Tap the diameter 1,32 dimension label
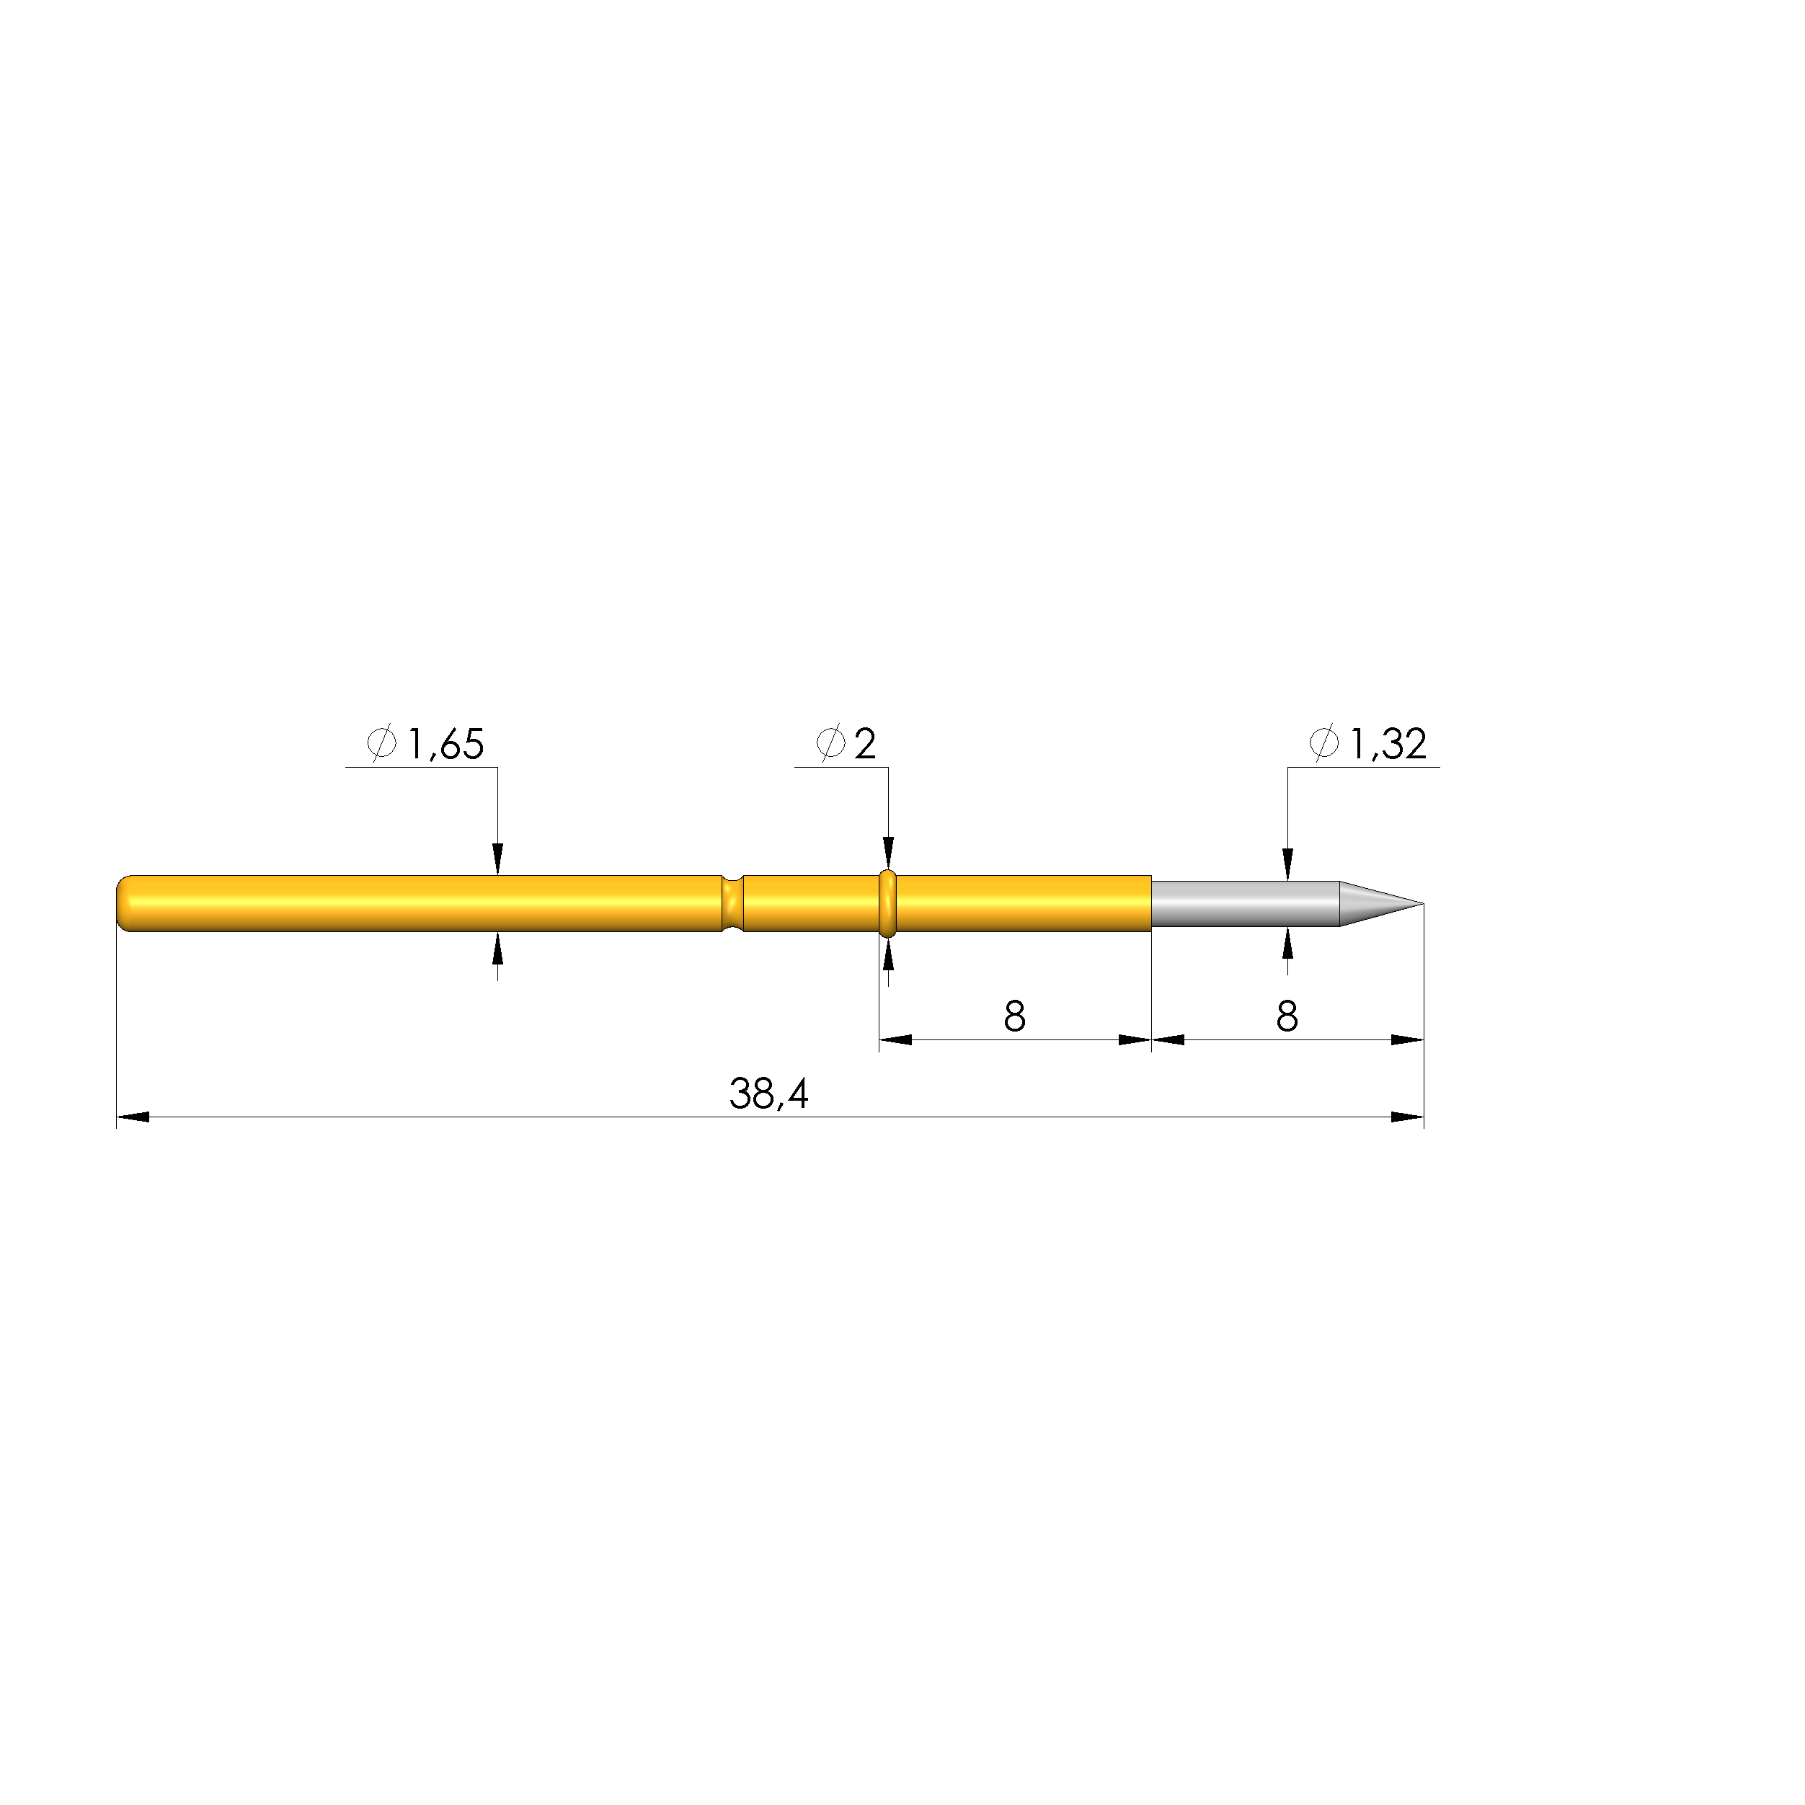point(1370,745)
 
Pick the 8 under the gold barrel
point(1015,1016)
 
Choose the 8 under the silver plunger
point(1287,1016)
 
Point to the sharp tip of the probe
point(1420,903)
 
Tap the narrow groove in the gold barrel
point(732,903)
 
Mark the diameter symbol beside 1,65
point(381,745)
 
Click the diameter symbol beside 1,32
point(1324,745)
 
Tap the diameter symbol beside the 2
point(830,745)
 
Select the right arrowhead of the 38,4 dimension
point(1408,1117)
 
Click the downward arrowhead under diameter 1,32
point(1288,866)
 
